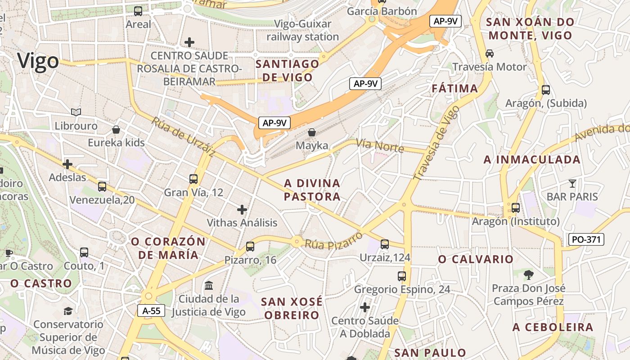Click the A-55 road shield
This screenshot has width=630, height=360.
point(151,310)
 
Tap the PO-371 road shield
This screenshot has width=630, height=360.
point(586,239)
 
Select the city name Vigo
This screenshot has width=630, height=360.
point(38,61)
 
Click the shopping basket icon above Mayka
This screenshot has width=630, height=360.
point(311,132)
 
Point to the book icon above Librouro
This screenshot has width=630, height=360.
point(76,112)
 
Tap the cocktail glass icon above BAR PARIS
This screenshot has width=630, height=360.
point(572,183)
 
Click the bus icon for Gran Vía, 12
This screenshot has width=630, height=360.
point(193,179)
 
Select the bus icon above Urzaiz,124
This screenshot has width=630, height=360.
point(384,244)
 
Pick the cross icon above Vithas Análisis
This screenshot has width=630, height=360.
point(242,209)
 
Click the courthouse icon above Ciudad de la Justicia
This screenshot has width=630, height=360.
point(209,285)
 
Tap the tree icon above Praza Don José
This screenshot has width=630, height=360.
point(528,274)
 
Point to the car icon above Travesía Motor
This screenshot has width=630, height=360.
point(490,53)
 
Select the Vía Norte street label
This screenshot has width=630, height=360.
point(380,145)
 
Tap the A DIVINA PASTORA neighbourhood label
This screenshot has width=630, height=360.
point(312,190)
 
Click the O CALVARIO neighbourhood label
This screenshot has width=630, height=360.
point(476,259)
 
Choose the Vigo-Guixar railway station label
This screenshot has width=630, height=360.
point(302,30)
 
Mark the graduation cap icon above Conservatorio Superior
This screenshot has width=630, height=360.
point(68,310)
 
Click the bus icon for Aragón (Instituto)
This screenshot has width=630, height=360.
point(515,208)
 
